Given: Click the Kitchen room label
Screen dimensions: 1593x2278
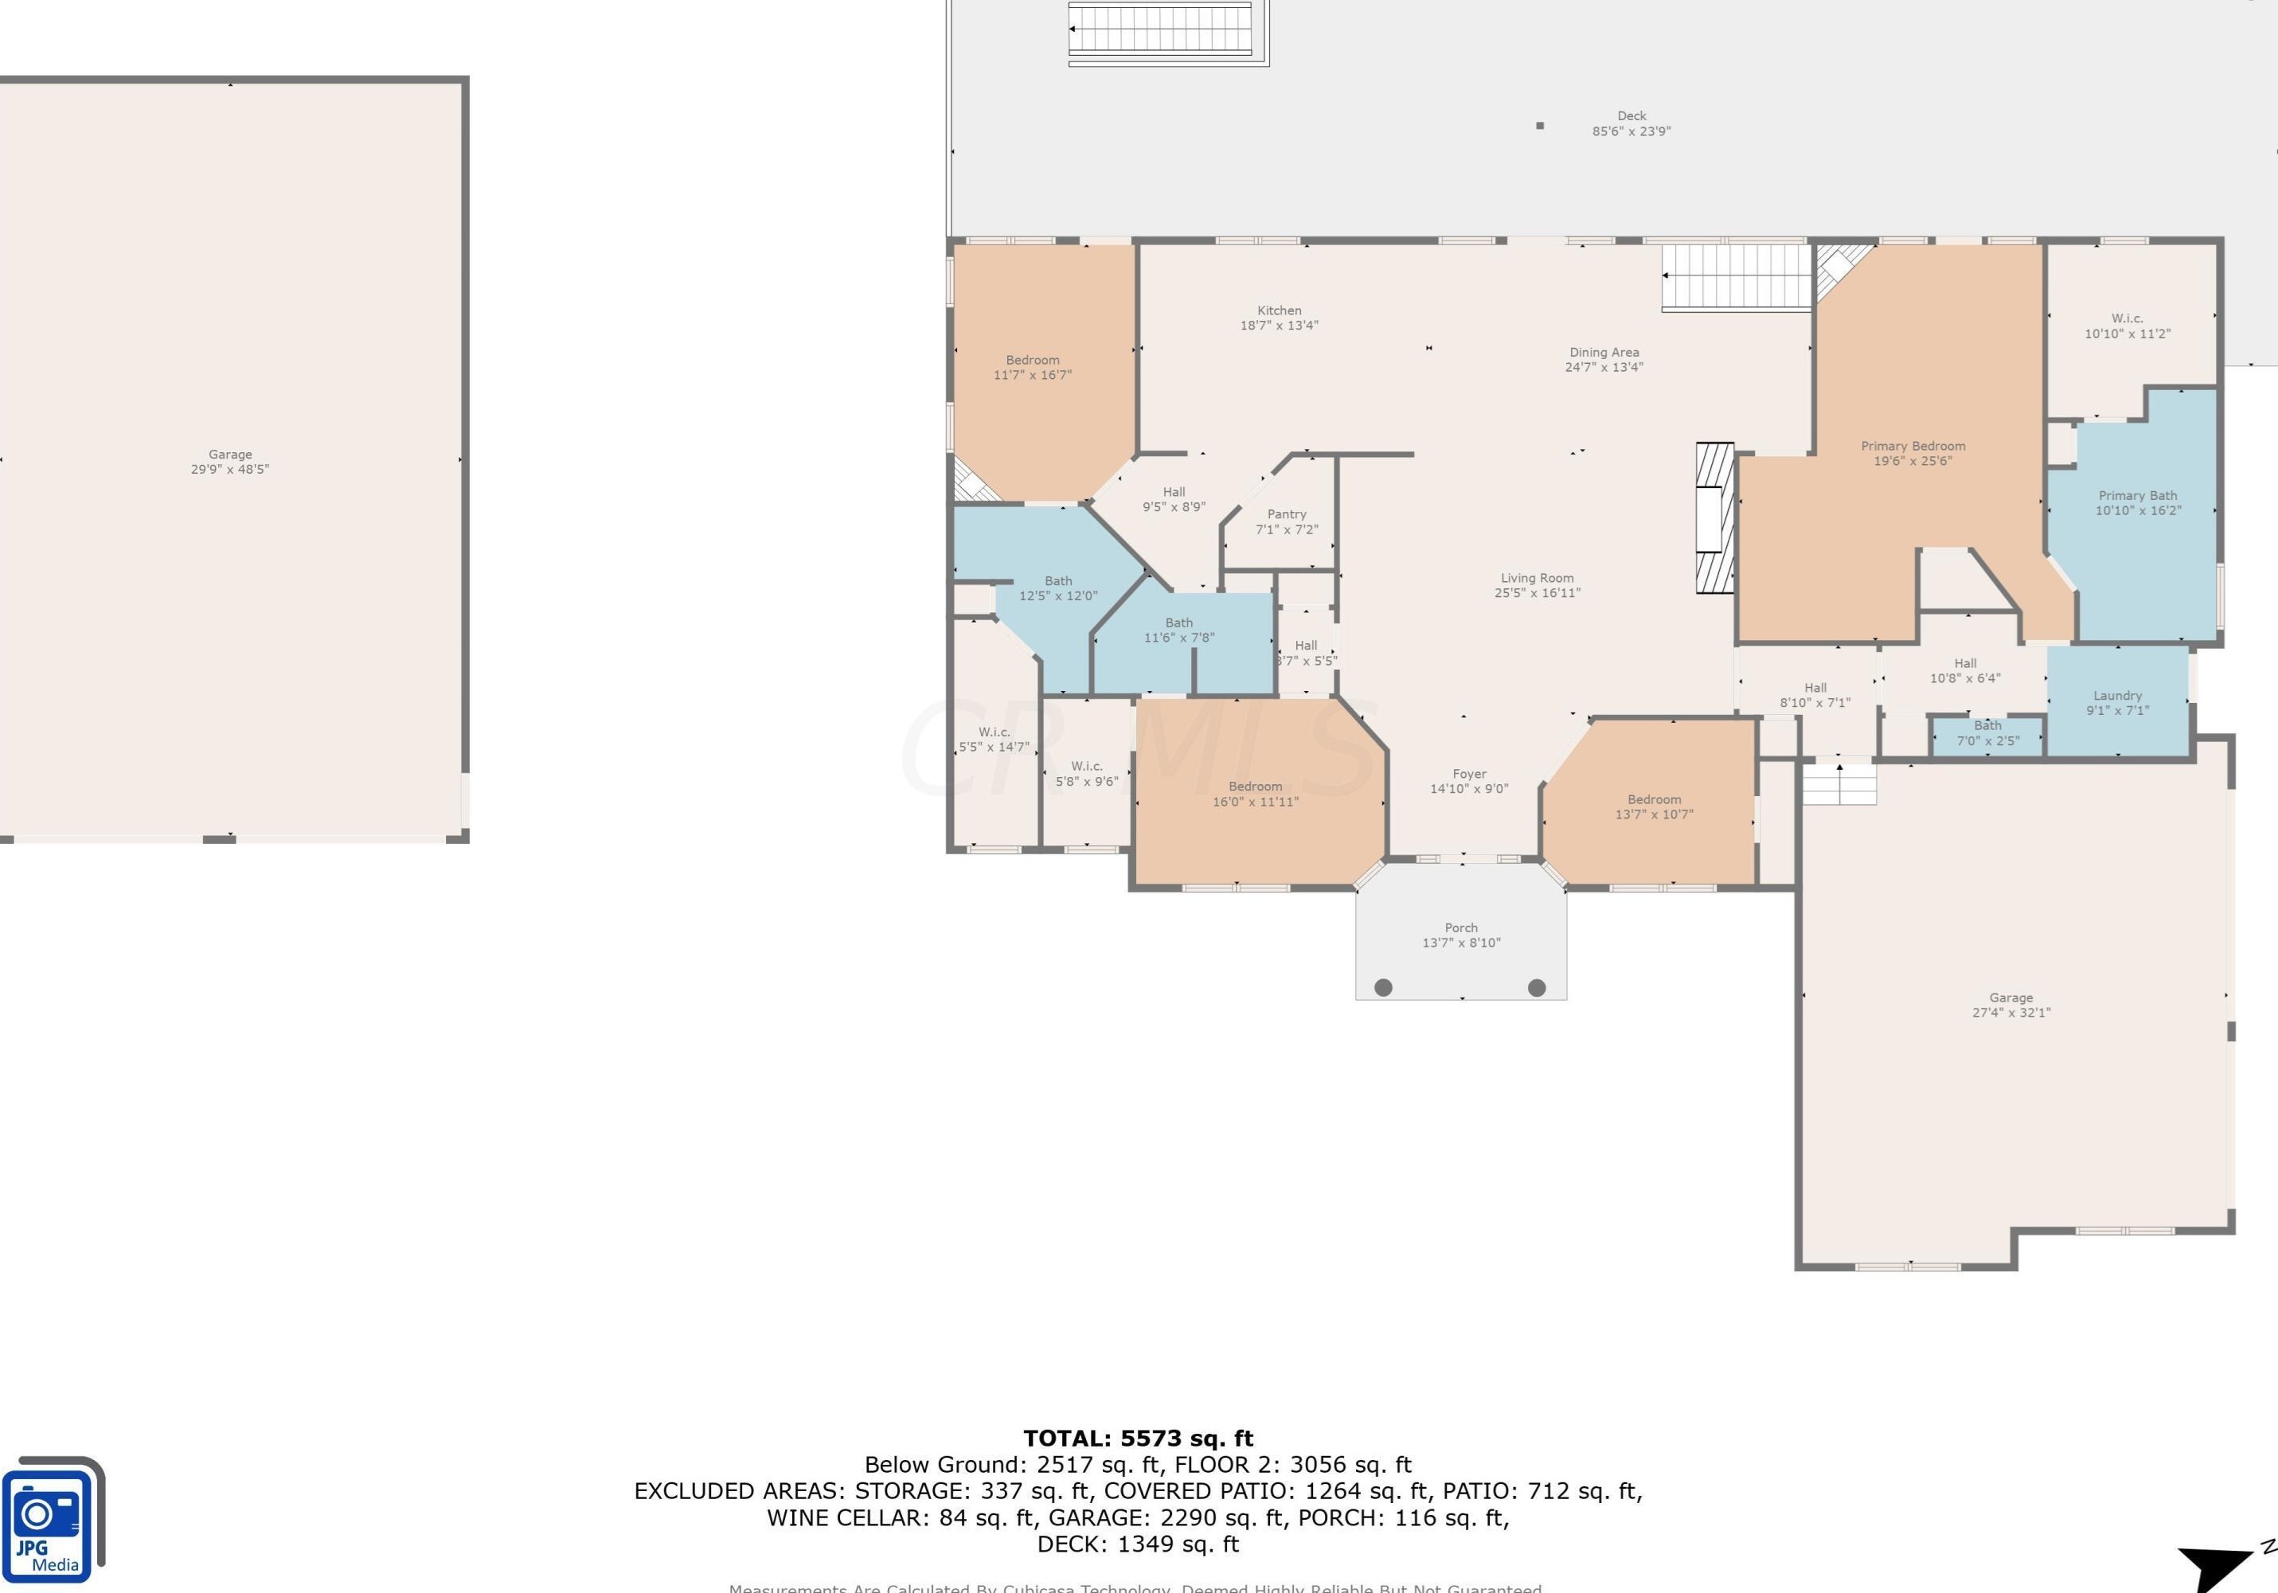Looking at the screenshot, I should [1279, 310].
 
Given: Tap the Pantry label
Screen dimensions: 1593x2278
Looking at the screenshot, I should [1286, 513].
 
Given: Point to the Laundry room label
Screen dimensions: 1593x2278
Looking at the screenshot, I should [2117, 695].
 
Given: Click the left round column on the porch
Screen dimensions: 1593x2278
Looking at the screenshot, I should [1383, 987].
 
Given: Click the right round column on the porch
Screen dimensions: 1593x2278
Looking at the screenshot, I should [1537, 987].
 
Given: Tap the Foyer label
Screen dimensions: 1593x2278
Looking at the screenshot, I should [1469, 774].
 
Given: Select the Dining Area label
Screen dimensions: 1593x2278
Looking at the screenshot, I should [1604, 352].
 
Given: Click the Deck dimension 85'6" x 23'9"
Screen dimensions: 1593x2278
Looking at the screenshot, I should [1631, 131].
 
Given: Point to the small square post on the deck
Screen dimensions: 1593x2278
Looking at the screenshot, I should [1540, 126].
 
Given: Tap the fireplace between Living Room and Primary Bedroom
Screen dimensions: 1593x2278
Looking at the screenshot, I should [1713, 517].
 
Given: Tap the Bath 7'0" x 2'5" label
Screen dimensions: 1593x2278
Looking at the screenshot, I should [1987, 733].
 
